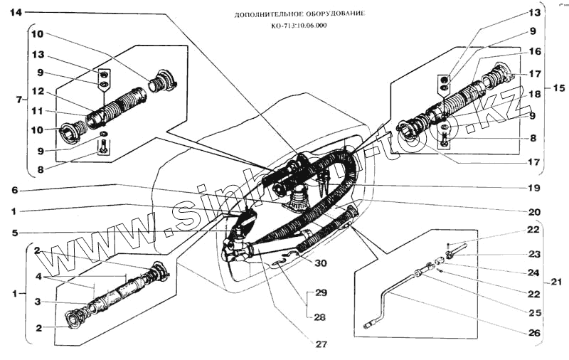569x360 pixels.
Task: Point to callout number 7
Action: (x=18, y=100)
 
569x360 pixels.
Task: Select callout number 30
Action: (x=321, y=263)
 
